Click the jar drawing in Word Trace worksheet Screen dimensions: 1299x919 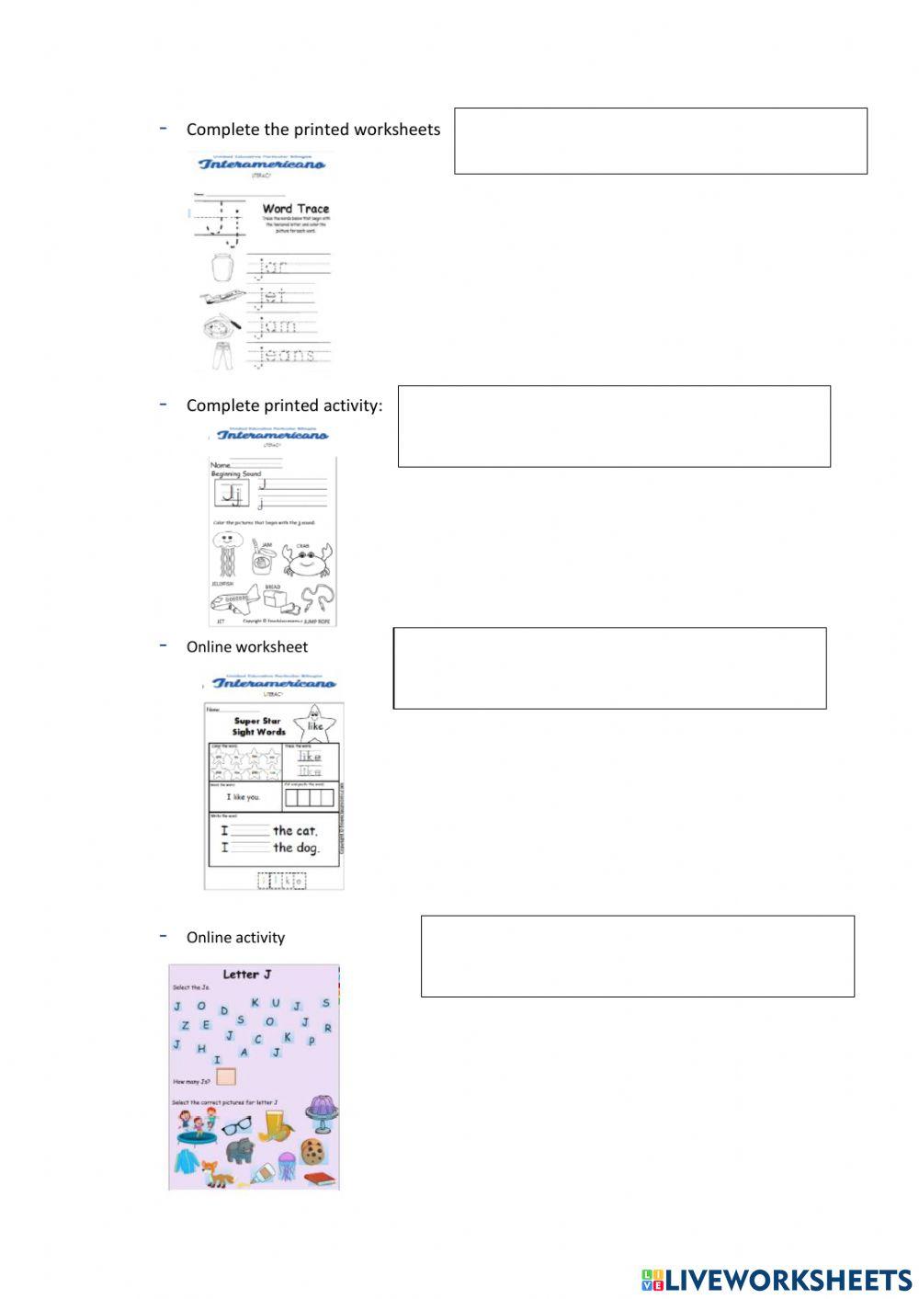click(x=222, y=268)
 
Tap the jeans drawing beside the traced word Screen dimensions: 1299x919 click(x=222, y=354)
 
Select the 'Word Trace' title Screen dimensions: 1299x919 click(x=295, y=209)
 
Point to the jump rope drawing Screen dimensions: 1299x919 click(x=317, y=598)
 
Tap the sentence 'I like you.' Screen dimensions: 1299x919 click(x=244, y=797)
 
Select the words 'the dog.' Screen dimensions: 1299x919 click(x=296, y=848)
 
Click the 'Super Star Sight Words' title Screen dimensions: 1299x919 click(x=259, y=726)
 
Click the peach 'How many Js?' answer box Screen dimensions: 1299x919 click(x=226, y=1077)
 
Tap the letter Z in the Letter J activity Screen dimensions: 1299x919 click(x=185, y=1025)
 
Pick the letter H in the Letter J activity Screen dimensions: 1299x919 click(x=201, y=1049)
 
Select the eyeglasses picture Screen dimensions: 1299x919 click(x=236, y=1124)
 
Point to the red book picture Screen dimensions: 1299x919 click(x=319, y=1179)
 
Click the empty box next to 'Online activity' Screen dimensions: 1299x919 click(x=637, y=956)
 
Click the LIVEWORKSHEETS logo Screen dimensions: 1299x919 click(x=777, y=1280)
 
